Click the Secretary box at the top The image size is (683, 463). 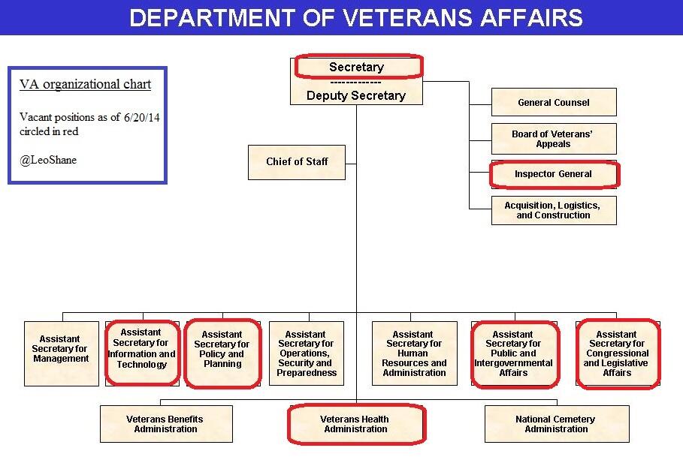point(356,67)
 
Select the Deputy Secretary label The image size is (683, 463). point(356,95)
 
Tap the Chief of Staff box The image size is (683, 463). point(297,162)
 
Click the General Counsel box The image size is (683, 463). point(554,102)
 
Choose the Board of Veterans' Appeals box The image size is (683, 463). point(554,139)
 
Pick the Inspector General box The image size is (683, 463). point(554,174)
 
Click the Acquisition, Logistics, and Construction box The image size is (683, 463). point(554,209)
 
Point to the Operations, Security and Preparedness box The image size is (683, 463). point(306,353)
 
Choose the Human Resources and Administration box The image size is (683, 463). point(414,353)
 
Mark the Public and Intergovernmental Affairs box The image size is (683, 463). point(514,353)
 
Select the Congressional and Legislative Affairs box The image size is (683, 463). point(617,353)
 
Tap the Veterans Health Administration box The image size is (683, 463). point(356,424)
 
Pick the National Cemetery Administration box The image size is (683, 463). point(556,424)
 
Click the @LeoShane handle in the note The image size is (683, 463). point(49,160)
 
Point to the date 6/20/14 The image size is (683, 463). point(142,118)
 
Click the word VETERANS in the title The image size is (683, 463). point(391,17)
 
